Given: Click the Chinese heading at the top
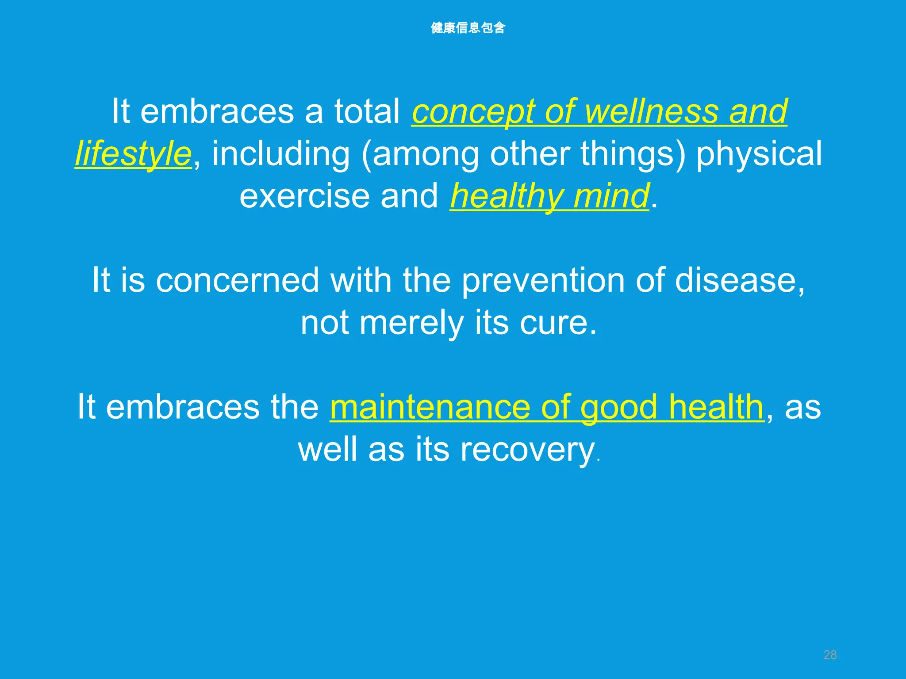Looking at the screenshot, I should pos(468,28).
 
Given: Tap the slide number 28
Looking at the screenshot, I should pos(830,655).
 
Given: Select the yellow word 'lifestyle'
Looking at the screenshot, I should pos(133,154).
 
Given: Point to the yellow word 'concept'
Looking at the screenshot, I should pos(473,112).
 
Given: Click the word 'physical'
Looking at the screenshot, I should pos(759,154).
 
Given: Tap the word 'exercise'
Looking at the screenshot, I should pos(304,196).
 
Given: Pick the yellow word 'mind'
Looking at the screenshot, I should pos(611,196).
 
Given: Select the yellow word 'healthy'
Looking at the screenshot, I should pos(507,197).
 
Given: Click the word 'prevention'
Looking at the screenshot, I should pos(543,281).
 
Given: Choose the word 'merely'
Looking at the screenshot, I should pos(411,324).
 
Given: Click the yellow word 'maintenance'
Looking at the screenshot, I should pos(430,407).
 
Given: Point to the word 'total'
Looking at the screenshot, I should pos(367,111).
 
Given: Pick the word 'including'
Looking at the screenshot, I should pos(281,154).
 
